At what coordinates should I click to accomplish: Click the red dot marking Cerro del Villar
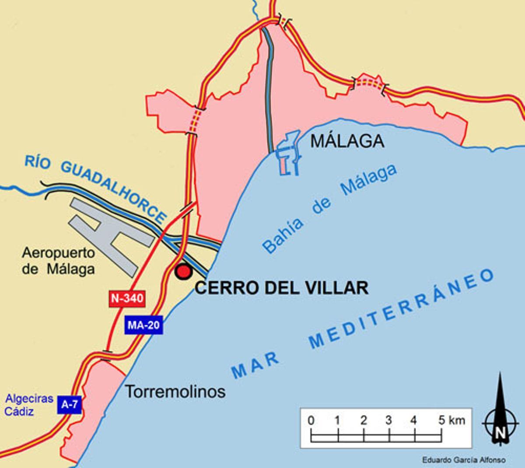[183, 272]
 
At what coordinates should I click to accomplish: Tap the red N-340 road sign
[127, 298]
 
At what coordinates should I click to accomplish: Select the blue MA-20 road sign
[143, 325]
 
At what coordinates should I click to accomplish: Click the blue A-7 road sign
[70, 405]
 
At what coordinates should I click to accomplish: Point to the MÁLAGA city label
[347, 141]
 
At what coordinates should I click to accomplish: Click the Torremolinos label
[175, 391]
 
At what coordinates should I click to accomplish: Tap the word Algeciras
[29, 399]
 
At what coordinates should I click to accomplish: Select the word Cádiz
[19, 412]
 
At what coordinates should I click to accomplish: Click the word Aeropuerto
[59, 253]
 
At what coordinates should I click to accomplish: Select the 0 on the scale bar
[311, 421]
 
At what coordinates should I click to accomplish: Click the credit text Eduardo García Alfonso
[464, 460]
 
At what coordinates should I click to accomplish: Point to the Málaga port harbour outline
[289, 153]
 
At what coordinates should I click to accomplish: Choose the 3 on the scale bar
[388, 421]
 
